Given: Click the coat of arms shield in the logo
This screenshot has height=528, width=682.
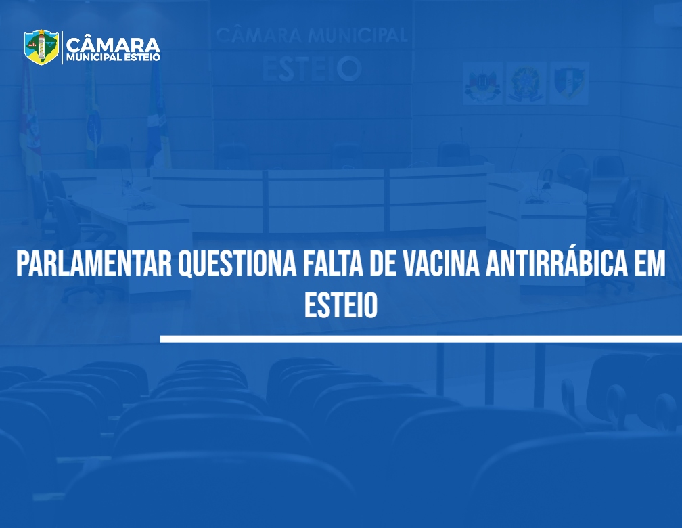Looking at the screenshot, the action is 41,47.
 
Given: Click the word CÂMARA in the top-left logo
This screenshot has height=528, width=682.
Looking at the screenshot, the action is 113,45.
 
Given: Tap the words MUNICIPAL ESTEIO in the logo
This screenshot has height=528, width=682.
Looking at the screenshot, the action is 113,58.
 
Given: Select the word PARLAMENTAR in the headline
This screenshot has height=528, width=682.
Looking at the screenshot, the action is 94,263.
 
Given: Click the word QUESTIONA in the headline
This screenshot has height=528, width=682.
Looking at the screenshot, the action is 237,264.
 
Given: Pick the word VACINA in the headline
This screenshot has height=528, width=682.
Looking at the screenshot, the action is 441,263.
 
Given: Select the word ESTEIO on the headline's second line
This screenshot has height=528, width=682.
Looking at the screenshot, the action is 340,305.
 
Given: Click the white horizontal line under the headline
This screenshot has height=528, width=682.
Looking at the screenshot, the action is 421,338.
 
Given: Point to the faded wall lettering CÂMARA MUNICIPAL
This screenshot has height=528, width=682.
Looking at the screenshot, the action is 311,35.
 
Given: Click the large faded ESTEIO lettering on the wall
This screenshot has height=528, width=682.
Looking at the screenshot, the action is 312,68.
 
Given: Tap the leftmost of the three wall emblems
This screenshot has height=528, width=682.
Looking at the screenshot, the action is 482,83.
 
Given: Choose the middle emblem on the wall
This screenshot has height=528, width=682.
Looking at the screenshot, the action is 526,83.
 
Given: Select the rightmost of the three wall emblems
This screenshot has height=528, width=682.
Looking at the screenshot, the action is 570,83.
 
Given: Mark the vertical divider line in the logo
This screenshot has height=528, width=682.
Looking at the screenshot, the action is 62,47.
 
